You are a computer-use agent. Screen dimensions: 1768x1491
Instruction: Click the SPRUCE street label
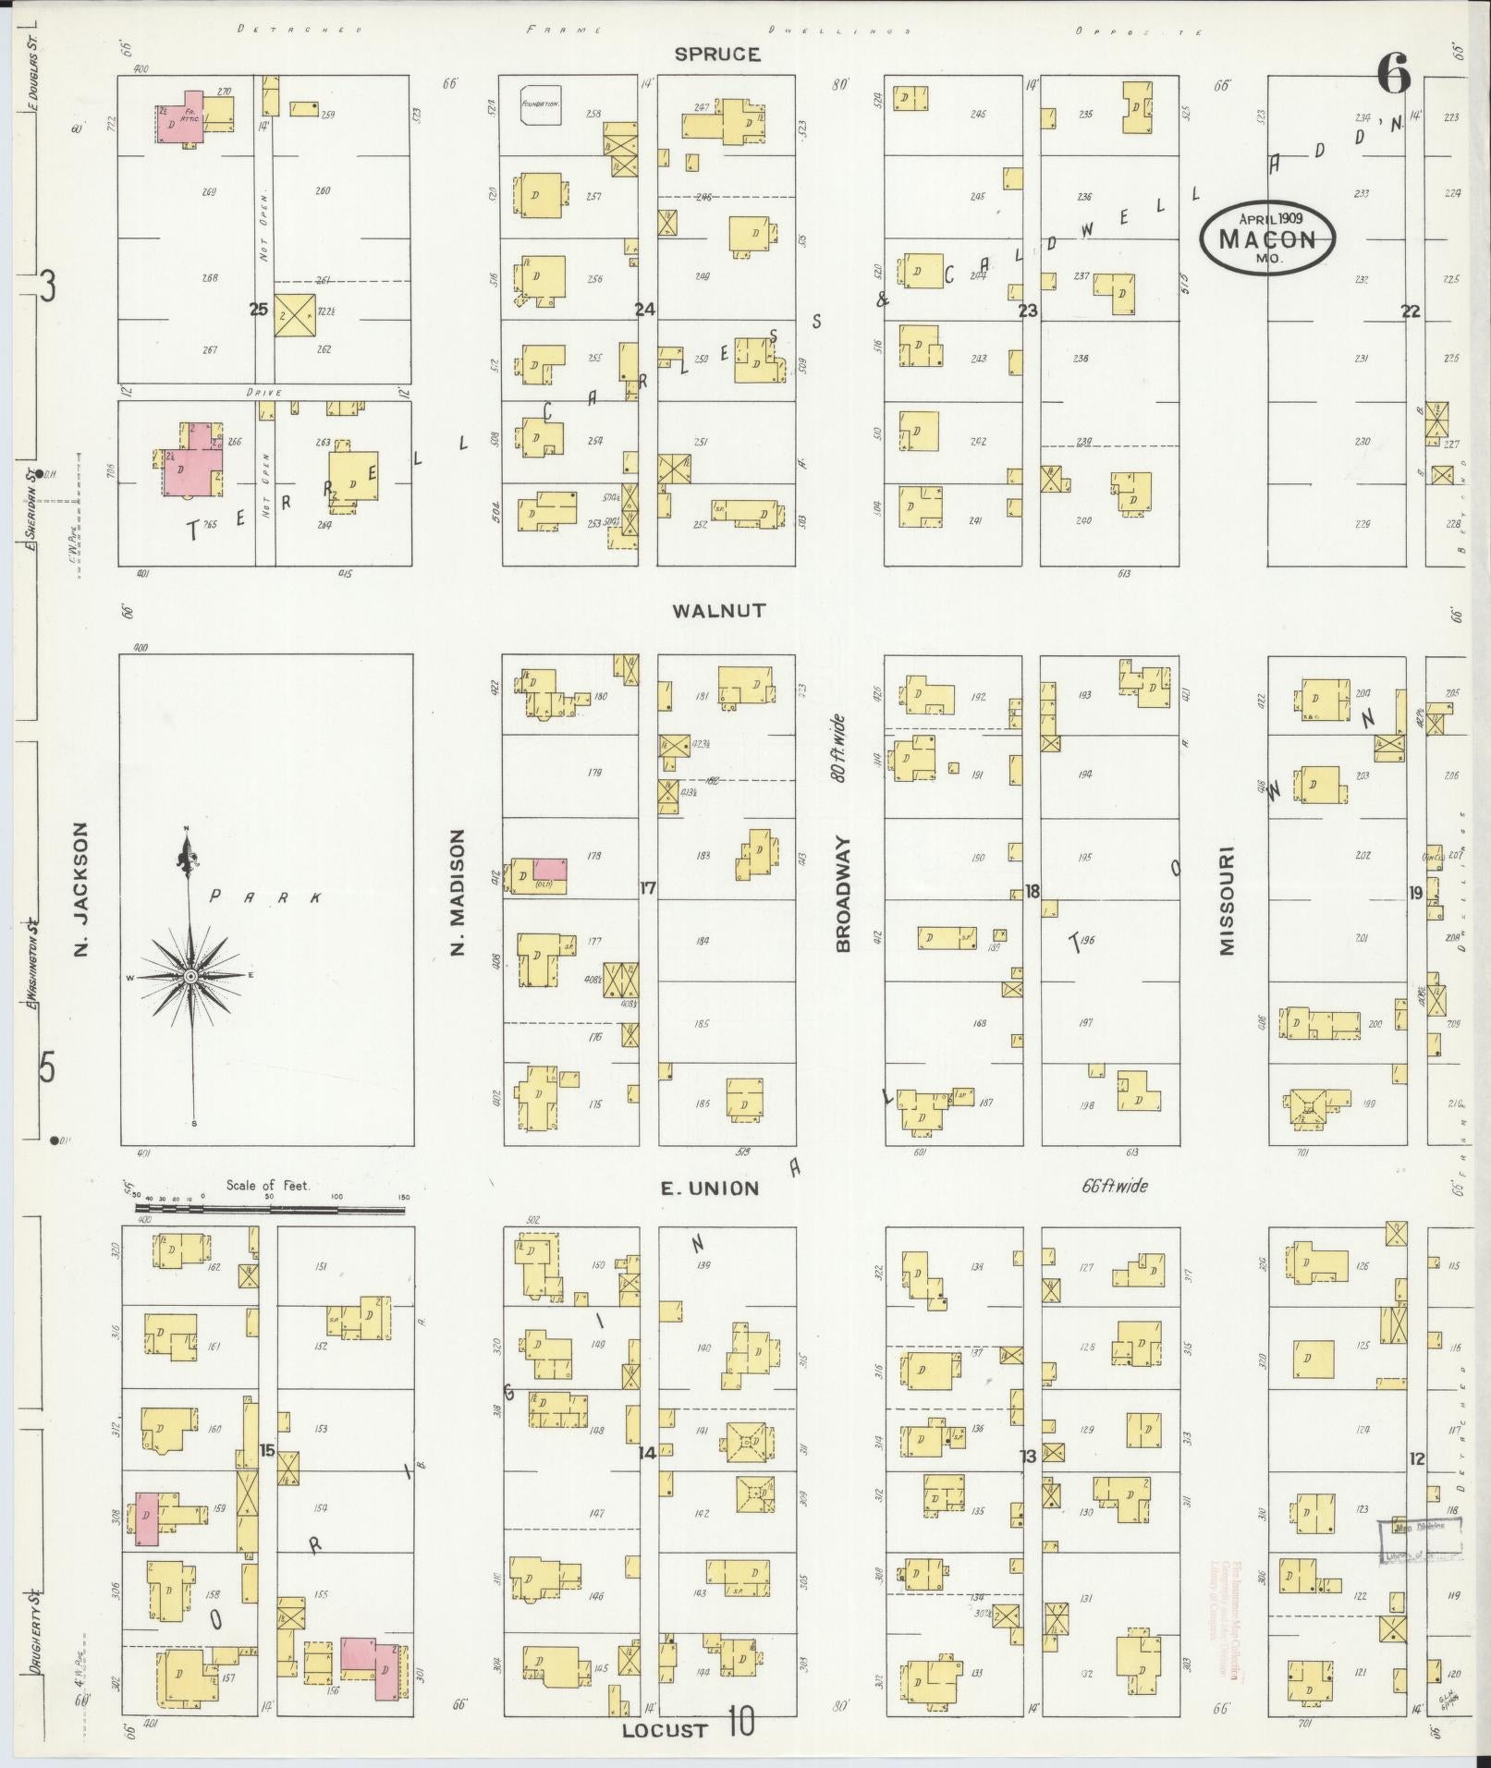716,55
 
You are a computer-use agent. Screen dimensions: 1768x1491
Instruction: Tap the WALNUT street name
718,610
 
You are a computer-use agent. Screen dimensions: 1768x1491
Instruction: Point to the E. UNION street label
709,1189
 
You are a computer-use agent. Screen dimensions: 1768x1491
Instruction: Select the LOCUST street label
665,1730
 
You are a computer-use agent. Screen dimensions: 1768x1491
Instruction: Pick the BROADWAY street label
843,895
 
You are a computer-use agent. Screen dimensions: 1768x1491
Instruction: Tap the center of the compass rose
190,976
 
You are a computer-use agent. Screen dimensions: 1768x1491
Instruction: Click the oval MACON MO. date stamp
1266,238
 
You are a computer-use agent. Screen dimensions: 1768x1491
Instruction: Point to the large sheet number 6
1394,74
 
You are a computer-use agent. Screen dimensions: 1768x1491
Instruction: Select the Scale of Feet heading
268,1186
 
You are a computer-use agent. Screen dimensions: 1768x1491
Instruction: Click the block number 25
259,310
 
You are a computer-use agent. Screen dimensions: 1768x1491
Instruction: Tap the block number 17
647,888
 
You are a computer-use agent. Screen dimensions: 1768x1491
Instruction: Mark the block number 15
267,1451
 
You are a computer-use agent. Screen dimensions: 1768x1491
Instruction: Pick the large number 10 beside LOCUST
740,1721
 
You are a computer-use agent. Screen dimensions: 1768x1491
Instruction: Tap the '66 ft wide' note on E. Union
1114,1186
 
